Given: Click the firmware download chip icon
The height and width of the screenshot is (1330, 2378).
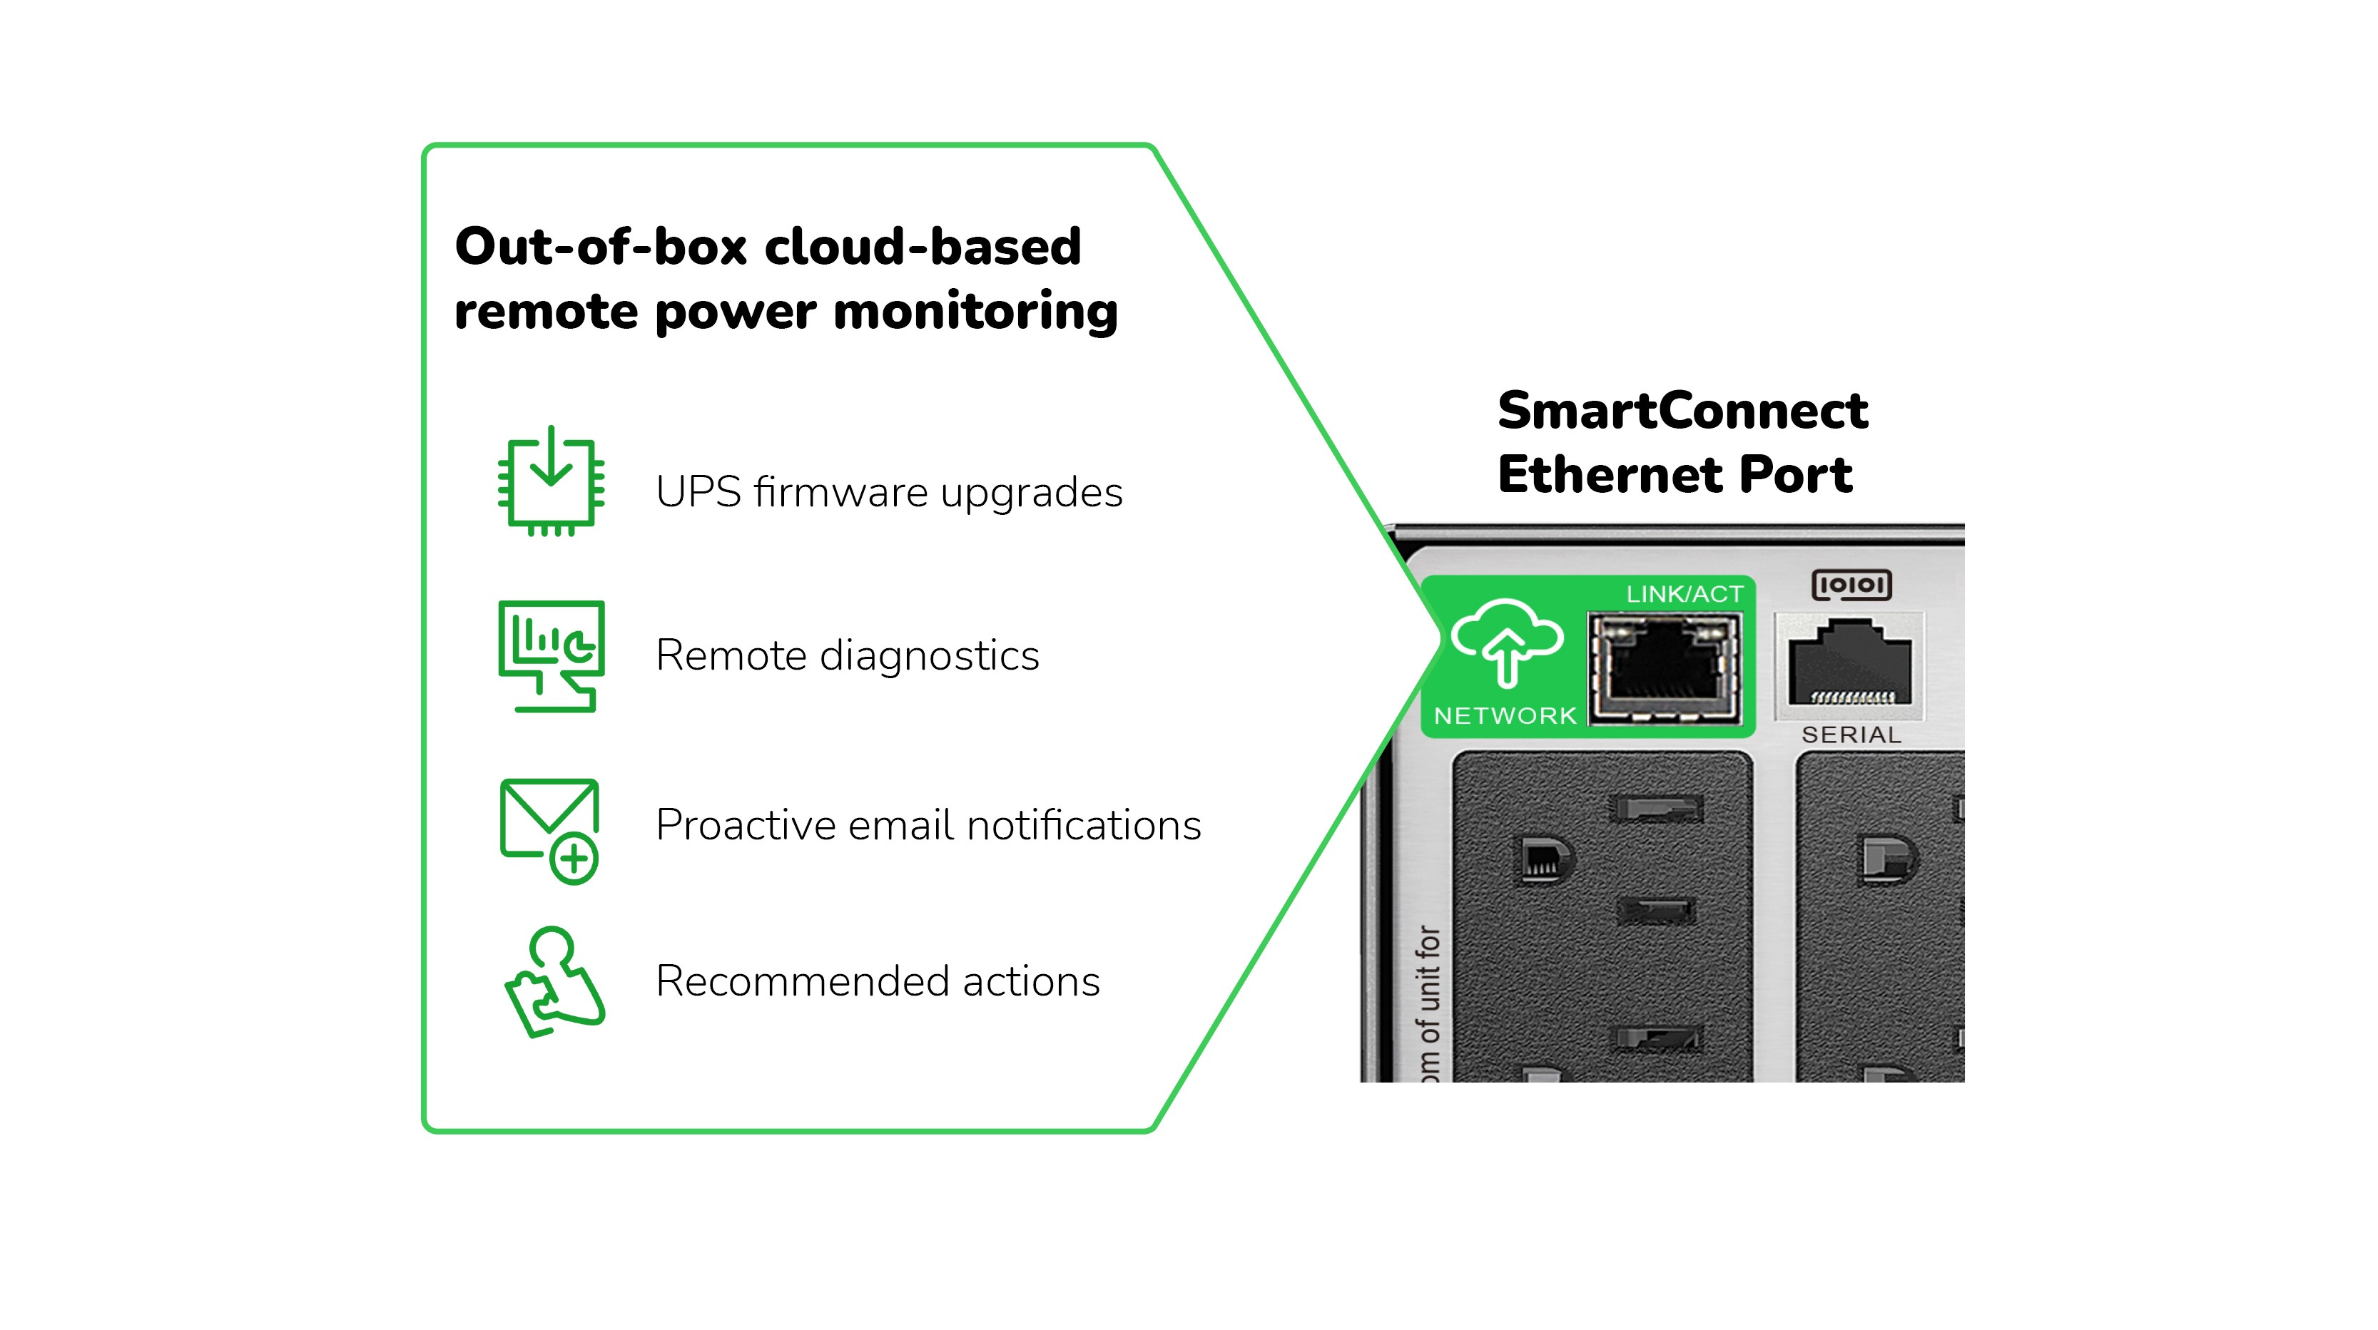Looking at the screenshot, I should point(551,482).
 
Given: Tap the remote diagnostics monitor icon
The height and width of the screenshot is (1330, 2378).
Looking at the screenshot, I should point(551,655).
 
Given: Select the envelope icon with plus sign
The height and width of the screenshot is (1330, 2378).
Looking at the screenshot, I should point(550,829).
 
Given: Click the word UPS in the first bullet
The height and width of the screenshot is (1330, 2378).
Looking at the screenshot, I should point(698,492).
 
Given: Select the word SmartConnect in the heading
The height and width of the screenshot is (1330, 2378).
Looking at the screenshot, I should point(1682,411).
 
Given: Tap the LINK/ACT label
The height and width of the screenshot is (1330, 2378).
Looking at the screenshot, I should point(1684,594).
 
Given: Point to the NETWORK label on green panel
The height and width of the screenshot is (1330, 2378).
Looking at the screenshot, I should point(1505,715).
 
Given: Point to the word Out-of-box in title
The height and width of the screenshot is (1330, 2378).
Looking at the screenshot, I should point(600,247).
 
